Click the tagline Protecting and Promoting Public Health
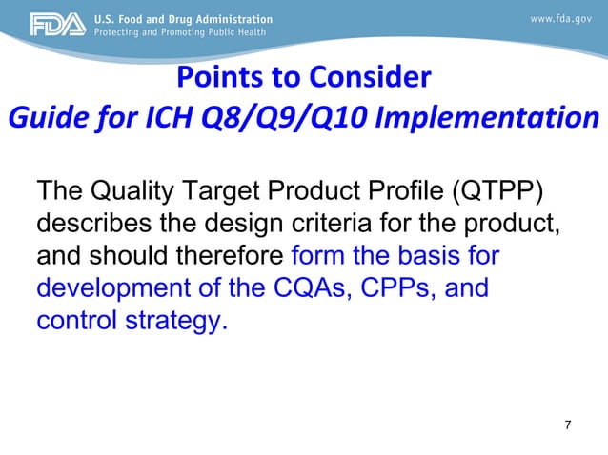click(181, 31)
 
